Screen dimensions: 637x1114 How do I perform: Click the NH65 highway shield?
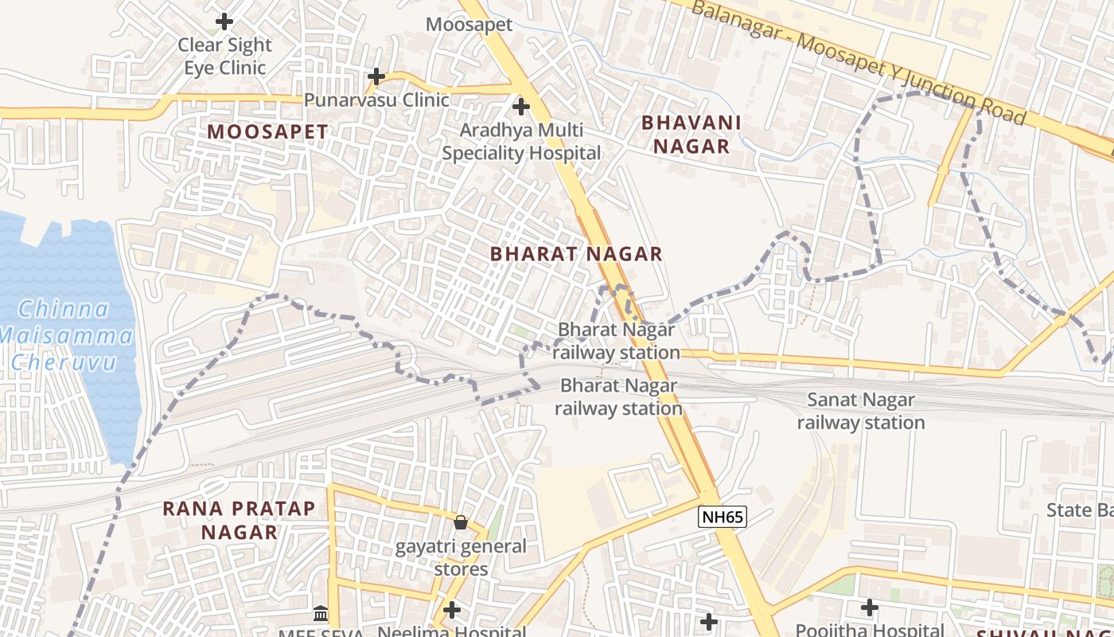coord(723,517)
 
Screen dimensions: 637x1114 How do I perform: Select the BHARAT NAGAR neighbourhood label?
coord(576,254)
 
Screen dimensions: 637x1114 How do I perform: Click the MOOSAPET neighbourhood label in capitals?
coord(267,132)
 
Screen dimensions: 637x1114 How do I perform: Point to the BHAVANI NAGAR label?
coord(691,135)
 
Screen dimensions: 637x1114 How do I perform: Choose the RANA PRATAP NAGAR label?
coord(239,520)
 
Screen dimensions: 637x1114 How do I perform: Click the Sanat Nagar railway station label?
coord(861,411)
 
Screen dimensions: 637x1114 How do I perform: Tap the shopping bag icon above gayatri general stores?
coord(460,522)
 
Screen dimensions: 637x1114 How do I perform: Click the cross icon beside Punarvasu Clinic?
coord(376,76)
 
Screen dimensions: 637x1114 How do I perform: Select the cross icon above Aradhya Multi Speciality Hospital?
coord(521,106)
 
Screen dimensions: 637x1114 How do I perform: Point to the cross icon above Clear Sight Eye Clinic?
coord(225,21)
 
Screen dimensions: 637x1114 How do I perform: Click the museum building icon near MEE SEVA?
coord(321,613)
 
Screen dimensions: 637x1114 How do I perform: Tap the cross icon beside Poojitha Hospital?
coord(870,608)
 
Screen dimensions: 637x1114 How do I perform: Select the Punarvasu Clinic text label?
coord(376,100)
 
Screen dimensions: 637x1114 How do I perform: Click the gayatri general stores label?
coord(462,557)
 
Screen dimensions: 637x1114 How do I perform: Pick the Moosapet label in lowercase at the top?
coord(469,24)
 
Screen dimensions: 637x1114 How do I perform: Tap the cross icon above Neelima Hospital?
coord(452,610)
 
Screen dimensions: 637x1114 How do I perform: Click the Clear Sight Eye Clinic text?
coord(225,56)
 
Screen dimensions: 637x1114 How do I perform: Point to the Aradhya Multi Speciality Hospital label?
coord(521,141)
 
